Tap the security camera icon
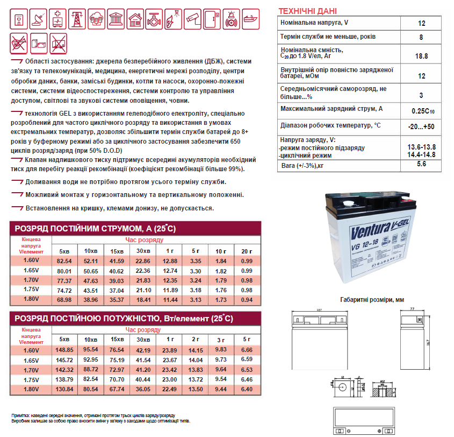tap(192, 19)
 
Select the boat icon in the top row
tap(249, 19)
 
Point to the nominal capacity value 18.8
tap(422, 56)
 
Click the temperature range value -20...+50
tap(422, 126)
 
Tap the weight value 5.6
tap(422, 164)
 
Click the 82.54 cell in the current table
tap(64, 261)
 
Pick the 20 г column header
tap(247, 251)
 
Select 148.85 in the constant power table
tap(64, 350)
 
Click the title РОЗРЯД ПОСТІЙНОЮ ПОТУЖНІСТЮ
tap(107, 319)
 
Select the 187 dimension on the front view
tap(319, 311)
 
